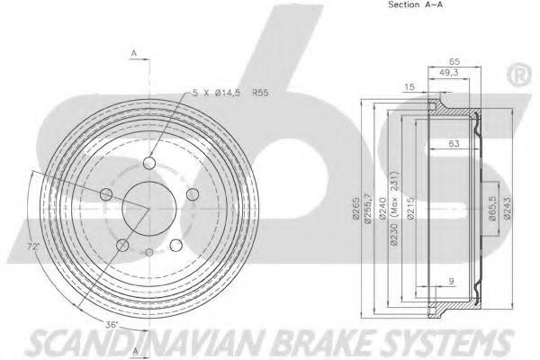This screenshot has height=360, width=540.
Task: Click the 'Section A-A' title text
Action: coord(415,4)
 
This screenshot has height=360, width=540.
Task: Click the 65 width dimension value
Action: coord(454,62)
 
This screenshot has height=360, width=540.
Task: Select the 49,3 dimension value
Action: coord(449,73)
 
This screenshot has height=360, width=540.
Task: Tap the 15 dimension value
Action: coord(409,86)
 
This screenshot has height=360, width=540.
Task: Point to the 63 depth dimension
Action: coord(454,143)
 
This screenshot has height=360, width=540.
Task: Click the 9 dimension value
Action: coord(452,281)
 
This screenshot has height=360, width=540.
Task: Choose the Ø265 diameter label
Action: coord(356,208)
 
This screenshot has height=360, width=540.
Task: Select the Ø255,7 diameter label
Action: coord(368,209)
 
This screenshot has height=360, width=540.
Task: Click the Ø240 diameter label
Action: coord(382,208)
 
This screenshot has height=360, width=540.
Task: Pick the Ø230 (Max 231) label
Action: coord(395,208)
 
